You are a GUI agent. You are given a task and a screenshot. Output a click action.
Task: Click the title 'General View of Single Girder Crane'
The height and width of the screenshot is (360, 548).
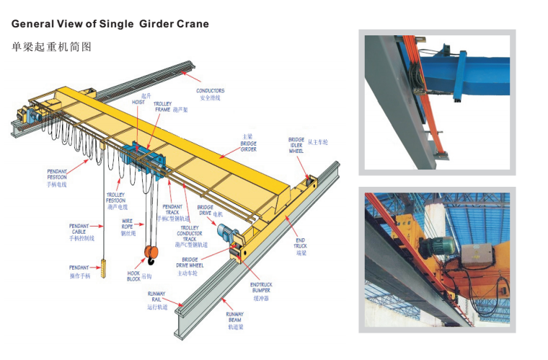click(x=110, y=24)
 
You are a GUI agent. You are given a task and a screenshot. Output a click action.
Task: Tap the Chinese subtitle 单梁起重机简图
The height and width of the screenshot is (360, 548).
click(x=52, y=47)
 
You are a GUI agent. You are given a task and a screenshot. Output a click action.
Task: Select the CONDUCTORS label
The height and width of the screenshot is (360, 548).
click(x=211, y=94)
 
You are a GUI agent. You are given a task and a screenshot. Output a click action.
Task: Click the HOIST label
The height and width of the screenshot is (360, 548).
click(x=138, y=99)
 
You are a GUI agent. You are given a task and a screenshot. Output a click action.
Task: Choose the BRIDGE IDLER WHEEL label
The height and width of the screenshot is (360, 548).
click(x=296, y=145)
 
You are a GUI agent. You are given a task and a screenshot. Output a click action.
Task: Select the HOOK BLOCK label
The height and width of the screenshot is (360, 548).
click(x=134, y=276)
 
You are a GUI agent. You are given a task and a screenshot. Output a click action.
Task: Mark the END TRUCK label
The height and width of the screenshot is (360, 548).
click(x=300, y=246)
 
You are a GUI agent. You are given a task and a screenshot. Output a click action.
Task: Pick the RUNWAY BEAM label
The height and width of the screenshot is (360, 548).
click(x=235, y=318)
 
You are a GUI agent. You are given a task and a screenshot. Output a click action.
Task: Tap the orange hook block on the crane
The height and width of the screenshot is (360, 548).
click(x=152, y=253)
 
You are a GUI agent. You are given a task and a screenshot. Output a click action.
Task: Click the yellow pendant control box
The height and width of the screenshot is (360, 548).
click(x=103, y=268)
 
